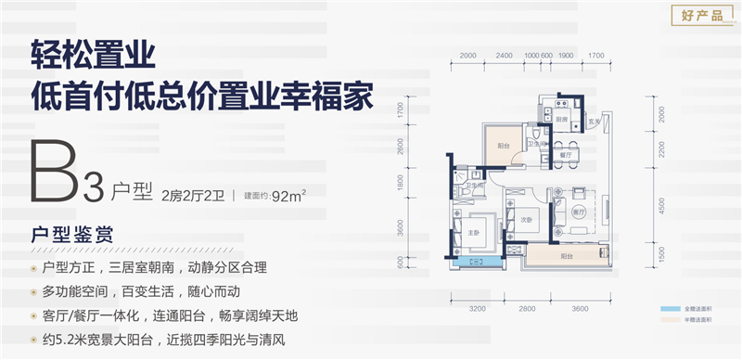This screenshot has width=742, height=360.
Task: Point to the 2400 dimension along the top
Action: coord(504,55)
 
